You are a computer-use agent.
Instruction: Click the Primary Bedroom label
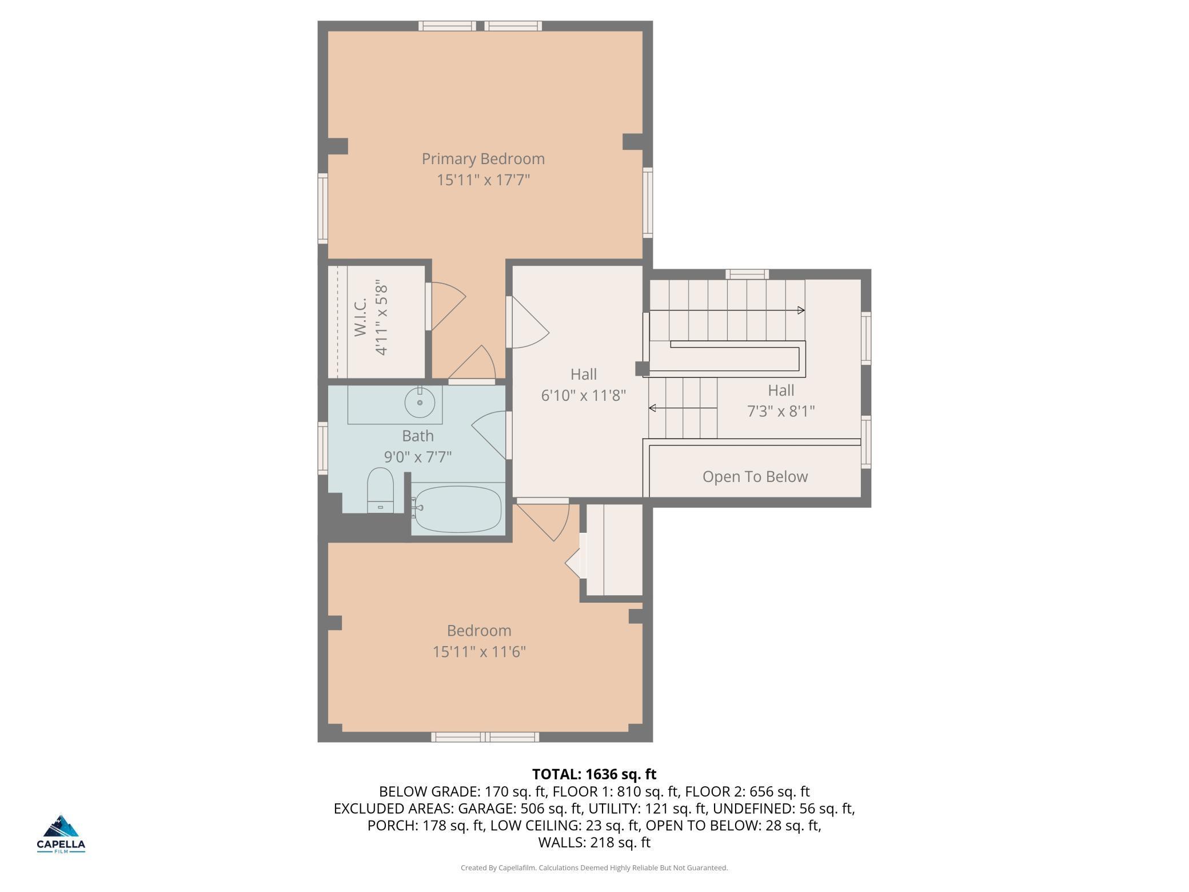483,159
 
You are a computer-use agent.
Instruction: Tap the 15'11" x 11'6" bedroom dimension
479,651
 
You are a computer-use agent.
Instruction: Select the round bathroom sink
420,402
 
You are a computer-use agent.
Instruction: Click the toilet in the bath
380,490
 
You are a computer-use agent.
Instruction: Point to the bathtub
457,508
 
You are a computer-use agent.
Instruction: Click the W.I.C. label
360,317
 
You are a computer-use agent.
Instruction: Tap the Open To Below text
755,476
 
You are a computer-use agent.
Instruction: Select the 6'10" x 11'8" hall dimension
584,395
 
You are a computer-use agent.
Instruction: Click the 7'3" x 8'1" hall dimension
781,411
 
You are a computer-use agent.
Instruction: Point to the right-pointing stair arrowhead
801,310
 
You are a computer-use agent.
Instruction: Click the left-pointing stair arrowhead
652,408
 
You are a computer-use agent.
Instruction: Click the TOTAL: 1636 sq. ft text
594,774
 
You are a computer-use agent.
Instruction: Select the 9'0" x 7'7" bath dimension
418,457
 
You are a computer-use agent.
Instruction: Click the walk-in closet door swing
448,306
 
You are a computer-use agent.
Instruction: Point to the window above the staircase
747,274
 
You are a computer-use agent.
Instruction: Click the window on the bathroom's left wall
323,448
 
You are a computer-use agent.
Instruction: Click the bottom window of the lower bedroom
485,737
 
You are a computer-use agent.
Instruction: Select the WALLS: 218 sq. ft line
594,842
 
